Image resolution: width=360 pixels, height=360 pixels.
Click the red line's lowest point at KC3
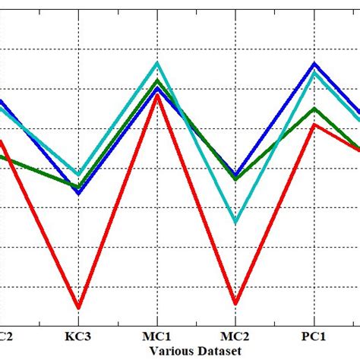tap(78, 308)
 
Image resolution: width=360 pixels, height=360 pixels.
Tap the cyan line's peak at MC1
tap(157, 63)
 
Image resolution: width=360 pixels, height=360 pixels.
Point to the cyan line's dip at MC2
tap(236, 223)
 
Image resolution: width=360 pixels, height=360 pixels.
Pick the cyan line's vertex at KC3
tap(78, 174)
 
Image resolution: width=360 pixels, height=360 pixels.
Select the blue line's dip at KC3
tap(78, 193)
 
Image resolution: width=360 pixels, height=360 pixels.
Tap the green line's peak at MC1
tap(157, 80)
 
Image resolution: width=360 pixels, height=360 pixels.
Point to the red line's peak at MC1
tap(157, 95)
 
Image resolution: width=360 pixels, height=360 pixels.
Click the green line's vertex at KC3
tap(78, 186)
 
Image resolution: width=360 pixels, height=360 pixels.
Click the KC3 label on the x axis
tap(78, 336)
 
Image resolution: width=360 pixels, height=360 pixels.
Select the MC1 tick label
tap(157, 336)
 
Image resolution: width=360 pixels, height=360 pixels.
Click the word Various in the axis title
tap(172, 350)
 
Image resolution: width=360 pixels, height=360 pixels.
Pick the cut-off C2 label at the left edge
tap(5, 336)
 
